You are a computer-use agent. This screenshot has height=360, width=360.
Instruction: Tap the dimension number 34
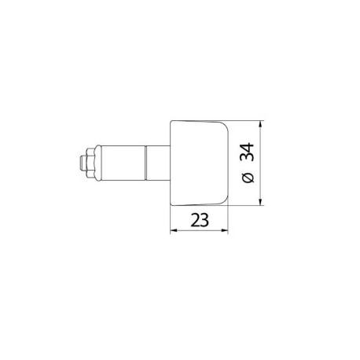pos(248,152)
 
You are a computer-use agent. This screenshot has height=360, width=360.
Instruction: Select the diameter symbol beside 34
pos(248,178)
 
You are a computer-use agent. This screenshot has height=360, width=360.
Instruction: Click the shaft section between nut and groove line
pos(122,163)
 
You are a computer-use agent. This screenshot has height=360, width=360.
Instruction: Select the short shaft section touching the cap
pos(157,163)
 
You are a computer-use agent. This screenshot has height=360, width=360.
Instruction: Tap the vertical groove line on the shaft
pos(145,163)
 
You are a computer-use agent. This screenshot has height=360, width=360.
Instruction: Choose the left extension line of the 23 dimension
pos(171,222)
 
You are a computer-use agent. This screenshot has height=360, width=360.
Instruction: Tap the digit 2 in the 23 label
pos(193,222)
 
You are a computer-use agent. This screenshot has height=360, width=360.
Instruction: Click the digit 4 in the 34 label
pos(248,146)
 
